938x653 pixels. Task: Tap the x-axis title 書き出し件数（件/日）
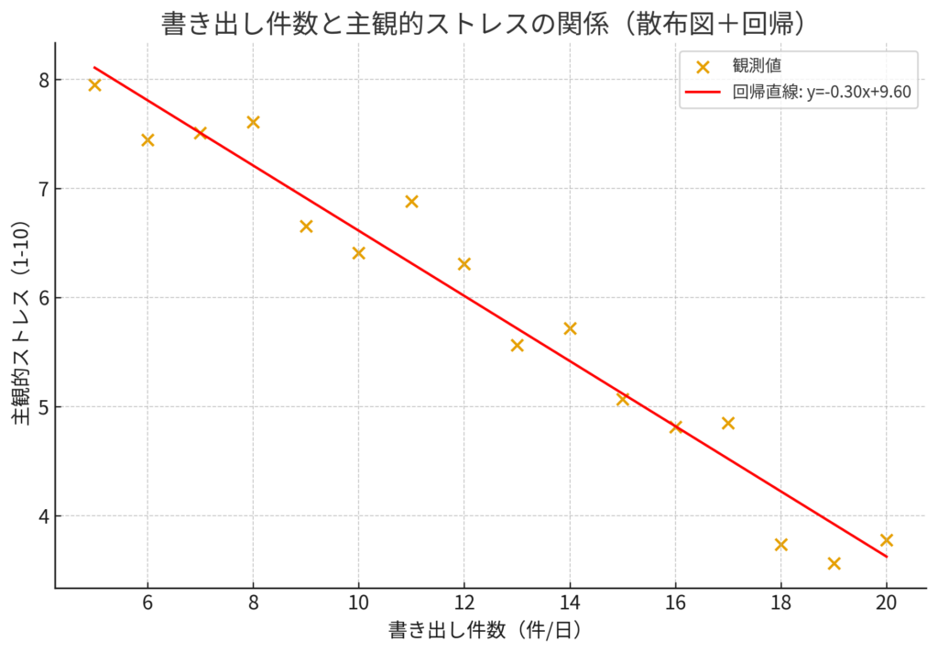[485, 631]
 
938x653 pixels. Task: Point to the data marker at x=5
[94, 85]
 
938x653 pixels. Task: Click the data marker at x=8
[253, 122]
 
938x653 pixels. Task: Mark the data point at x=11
[411, 202]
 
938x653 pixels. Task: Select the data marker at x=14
[570, 328]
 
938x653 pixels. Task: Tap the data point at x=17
[728, 423]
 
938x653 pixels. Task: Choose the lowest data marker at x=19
[834, 563]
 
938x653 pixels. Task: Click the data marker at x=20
[886, 540]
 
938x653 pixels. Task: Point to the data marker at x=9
[306, 227]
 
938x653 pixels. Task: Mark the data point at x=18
[780, 545]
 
